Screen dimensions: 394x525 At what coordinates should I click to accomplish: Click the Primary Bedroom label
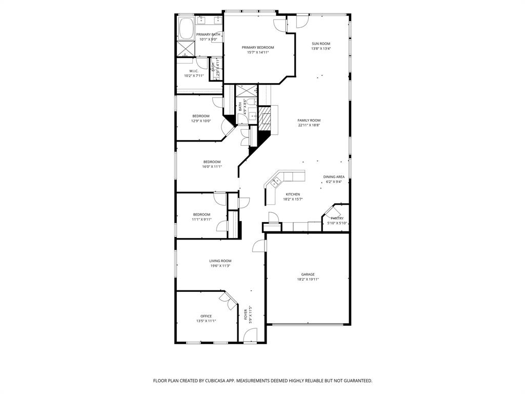[x=258, y=47]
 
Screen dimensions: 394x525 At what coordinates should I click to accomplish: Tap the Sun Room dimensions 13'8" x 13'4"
[x=321, y=49]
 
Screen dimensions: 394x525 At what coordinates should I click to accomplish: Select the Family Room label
[x=309, y=120]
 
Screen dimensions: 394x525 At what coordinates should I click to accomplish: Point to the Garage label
[x=308, y=274]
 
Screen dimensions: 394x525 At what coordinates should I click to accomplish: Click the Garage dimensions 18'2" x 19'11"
[x=308, y=279]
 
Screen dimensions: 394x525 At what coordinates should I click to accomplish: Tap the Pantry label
[x=337, y=218]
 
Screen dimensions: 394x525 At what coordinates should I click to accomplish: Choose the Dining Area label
[x=334, y=176]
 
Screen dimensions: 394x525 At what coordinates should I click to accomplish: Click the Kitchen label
[x=293, y=194]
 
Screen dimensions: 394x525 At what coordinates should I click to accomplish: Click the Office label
[x=206, y=316]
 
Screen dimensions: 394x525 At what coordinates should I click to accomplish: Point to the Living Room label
[x=220, y=261]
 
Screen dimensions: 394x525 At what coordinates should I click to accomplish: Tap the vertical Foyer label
[x=246, y=314]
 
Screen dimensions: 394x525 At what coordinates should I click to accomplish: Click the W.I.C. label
[x=194, y=71]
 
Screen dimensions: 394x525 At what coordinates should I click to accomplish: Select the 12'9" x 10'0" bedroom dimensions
[x=201, y=121]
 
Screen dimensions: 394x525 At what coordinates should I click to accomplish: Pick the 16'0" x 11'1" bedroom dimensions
[x=212, y=166]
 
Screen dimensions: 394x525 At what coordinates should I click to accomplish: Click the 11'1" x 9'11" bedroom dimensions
[x=201, y=219]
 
